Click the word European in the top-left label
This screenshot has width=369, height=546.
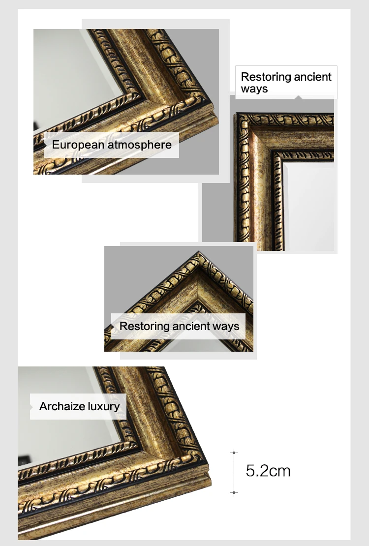[78, 145]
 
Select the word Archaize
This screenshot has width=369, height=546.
[62, 407]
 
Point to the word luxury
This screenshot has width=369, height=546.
[104, 407]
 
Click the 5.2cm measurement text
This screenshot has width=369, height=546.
[268, 471]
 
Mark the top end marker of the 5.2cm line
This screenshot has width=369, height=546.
[234, 452]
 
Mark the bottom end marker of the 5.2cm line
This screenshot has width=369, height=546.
[234, 492]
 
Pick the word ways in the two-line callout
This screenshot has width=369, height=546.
[254, 89]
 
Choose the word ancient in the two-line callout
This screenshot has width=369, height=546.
[310, 77]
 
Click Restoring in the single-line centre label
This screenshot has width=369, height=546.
[142, 326]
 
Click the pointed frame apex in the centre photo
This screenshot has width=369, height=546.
[199, 252]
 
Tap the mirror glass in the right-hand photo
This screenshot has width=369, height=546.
[310, 207]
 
